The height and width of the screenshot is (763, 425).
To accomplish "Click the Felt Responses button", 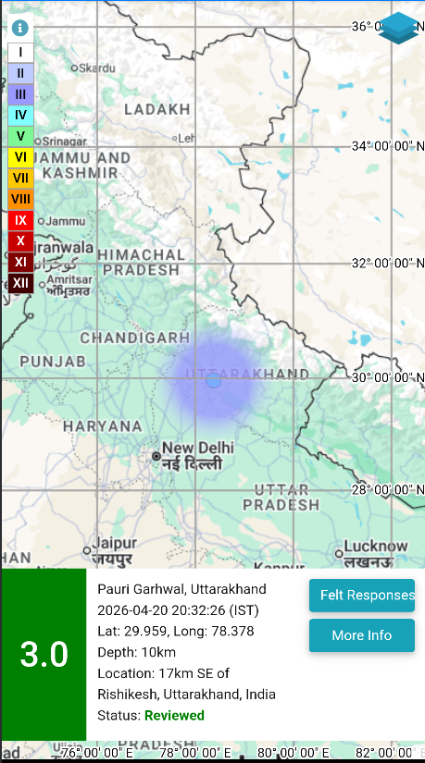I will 361,595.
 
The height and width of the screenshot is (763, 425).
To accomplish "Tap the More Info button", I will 361,635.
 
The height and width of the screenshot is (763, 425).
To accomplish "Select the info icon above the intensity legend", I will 20,29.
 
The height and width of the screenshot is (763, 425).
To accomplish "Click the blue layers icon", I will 399,28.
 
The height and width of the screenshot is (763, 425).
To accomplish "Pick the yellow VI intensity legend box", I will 20,157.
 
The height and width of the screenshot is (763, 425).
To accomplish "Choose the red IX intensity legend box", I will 20,220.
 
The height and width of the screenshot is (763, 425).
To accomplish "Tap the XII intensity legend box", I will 20,282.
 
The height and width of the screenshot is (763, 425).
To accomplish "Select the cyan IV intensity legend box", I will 20,116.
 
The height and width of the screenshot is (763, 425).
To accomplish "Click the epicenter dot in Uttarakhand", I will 214,380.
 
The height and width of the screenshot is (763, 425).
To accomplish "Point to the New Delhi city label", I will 197,449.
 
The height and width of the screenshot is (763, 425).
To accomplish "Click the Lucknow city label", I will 375,547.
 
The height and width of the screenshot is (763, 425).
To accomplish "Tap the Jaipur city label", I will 115,544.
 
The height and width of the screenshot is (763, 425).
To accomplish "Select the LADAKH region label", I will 156,109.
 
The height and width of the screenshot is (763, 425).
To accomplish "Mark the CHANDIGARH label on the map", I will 134,338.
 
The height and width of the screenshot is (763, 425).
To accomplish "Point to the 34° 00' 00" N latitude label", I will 386,145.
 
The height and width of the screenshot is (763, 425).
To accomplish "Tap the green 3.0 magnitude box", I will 44,654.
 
